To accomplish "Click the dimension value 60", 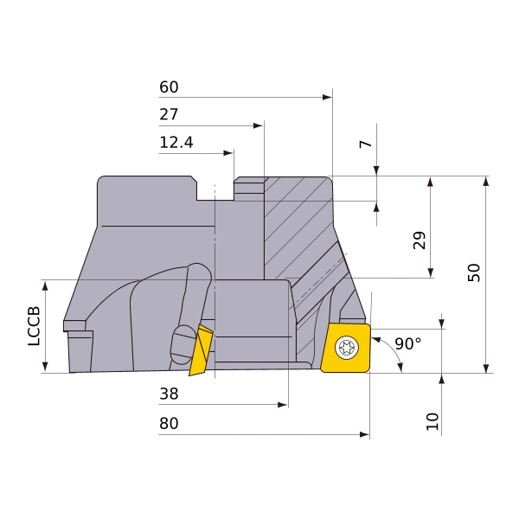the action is [169, 87].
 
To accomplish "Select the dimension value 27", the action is [169, 114].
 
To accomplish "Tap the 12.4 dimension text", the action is [176, 143].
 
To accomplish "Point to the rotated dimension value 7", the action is [366, 144].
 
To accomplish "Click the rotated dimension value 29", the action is [420, 240].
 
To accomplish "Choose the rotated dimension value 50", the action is [474, 272].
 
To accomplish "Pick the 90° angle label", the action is [408, 344].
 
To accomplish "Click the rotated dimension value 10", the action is [432, 421].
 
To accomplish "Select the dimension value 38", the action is [169, 394].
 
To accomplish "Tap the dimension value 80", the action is [169, 423].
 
